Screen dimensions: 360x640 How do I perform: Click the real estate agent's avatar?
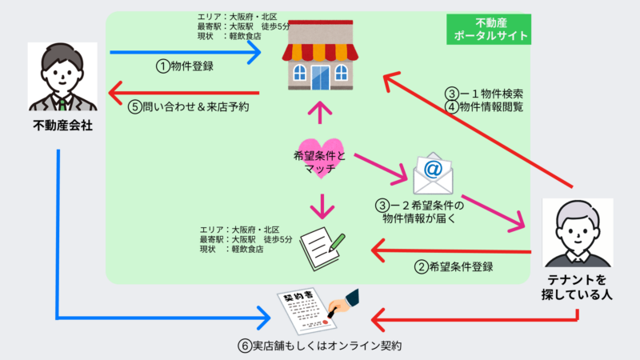click(x=62, y=78)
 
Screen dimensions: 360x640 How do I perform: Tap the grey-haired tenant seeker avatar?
click(x=578, y=233)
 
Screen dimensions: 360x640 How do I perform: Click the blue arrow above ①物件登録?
click(x=185, y=53)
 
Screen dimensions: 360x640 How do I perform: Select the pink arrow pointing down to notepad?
click(x=321, y=206)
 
